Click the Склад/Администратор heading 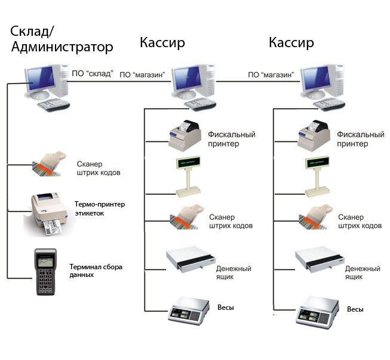point(62,38)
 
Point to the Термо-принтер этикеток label point(100,208)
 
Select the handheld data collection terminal point(47,270)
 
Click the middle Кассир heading point(162,42)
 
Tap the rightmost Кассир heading point(291,42)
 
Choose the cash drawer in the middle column point(188,259)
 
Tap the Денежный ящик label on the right point(362,273)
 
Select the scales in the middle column point(188,310)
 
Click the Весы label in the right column point(355,309)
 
